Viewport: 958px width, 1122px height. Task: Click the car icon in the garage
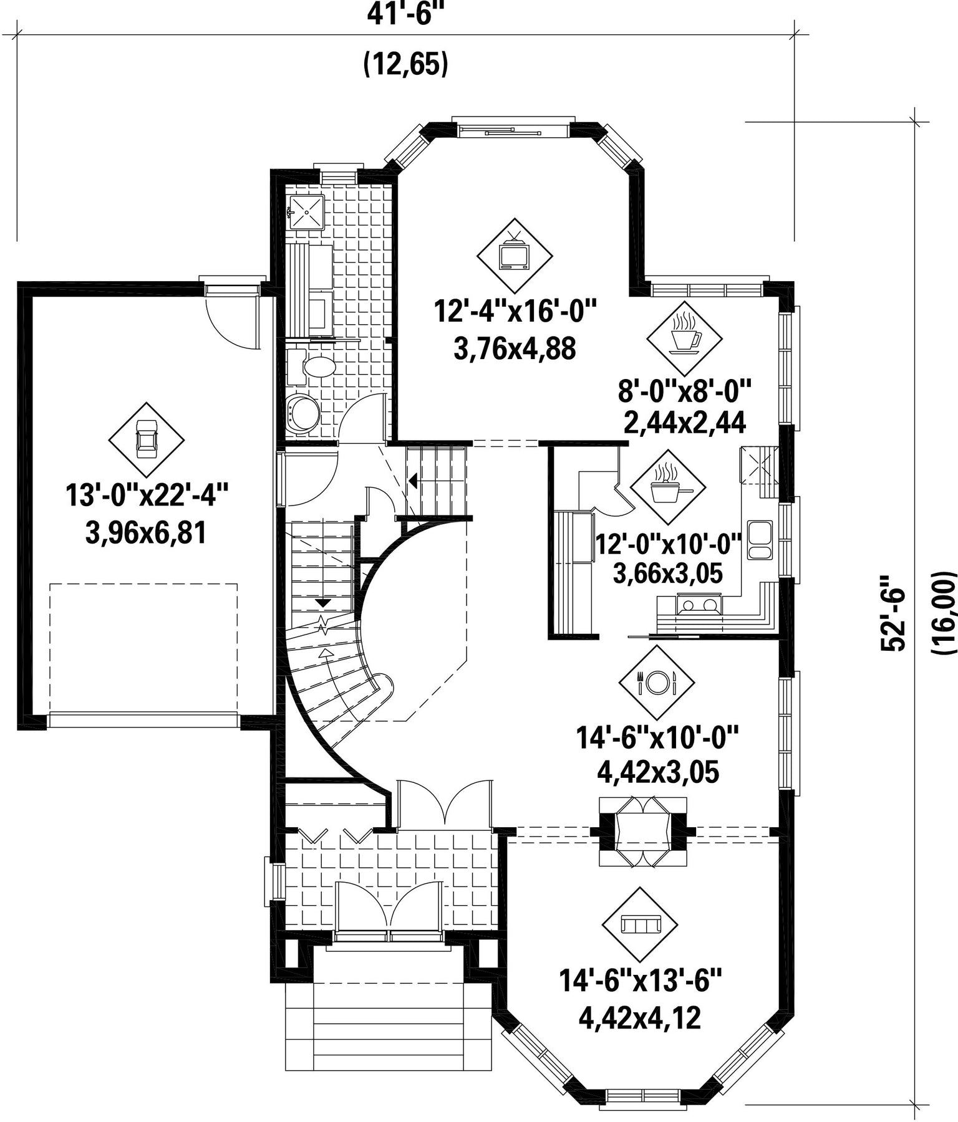146,439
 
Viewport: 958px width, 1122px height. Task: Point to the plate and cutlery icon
657,683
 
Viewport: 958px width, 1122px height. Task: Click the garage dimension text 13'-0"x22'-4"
147,497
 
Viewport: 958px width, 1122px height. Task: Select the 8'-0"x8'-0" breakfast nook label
684,393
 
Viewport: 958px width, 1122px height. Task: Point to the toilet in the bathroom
314,367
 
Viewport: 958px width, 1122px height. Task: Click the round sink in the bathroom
304,413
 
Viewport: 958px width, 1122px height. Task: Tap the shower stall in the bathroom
306,213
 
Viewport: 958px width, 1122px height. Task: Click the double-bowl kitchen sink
759,540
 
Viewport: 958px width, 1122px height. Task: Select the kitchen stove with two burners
699,605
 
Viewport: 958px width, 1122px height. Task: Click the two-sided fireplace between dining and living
643,832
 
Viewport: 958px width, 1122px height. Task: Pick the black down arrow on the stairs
323,603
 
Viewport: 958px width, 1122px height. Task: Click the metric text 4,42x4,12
641,1018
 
